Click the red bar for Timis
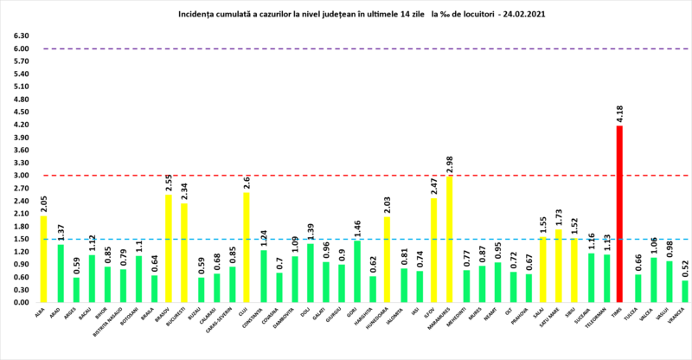coord(619,214)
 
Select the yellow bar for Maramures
coord(448,240)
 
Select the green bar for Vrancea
coord(684,292)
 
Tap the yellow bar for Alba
coord(43,260)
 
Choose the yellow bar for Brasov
coord(168,248)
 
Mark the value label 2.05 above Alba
coord(43,204)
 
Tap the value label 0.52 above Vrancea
coord(684,269)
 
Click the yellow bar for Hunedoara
coord(388,260)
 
